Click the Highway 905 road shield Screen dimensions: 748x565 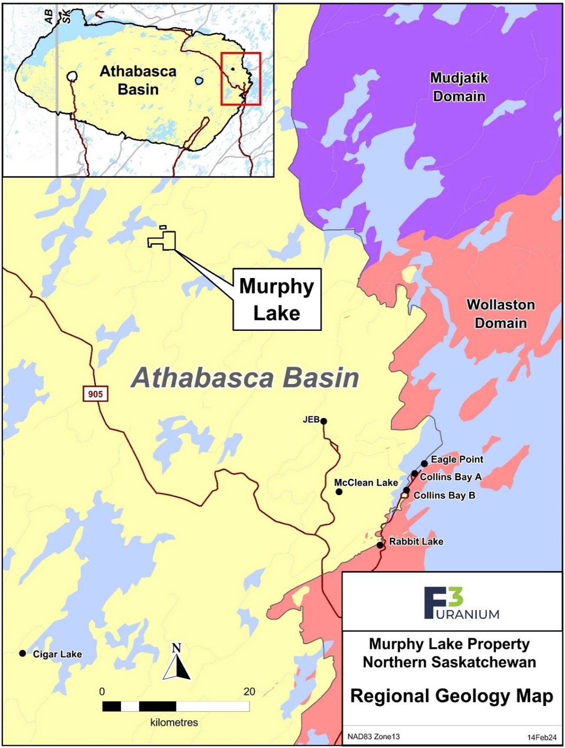[x=95, y=393]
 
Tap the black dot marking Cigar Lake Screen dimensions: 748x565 [x=23, y=653]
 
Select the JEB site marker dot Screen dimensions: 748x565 [x=324, y=421]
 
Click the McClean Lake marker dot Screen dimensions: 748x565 [x=339, y=491]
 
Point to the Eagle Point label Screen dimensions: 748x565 [x=457, y=460]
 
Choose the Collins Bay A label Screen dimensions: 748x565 [x=450, y=477]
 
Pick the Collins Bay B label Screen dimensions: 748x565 [x=444, y=495]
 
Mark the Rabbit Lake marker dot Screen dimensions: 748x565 [x=380, y=545]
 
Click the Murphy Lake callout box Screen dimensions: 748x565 [x=277, y=300]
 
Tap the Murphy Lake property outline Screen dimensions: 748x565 [x=164, y=240]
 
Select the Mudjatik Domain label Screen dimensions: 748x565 [x=459, y=87]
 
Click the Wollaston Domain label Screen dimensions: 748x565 [x=501, y=314]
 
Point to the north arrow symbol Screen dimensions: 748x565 [x=177, y=663]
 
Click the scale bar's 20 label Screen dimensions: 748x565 [x=249, y=691]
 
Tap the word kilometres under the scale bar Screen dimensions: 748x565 [x=174, y=722]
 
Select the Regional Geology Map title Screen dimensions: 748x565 [x=451, y=696]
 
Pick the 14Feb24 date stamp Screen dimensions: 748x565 [x=541, y=737]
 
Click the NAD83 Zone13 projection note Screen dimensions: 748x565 [x=373, y=736]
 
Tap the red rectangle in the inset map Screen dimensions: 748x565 [x=241, y=79]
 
